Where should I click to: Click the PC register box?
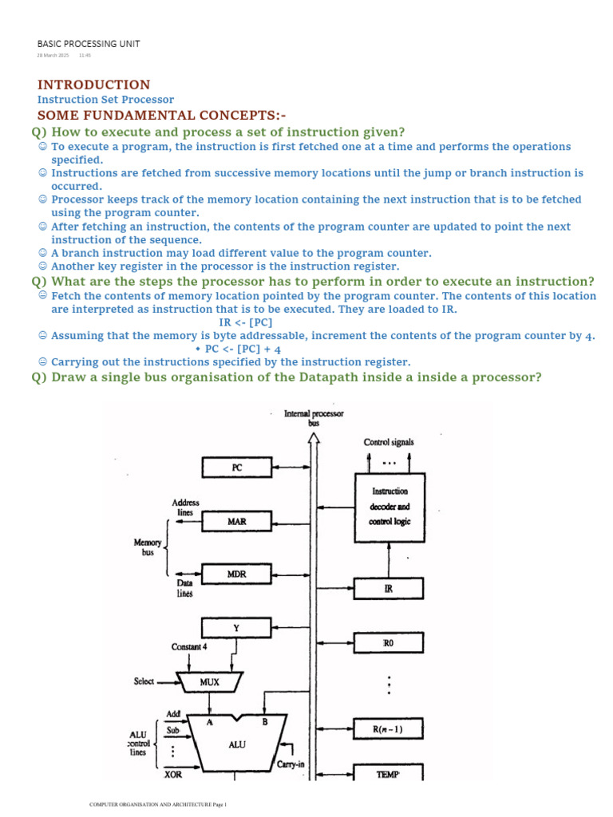coord(236,468)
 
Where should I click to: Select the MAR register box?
coord(236,522)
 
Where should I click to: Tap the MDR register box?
coord(236,574)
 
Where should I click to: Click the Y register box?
coord(236,628)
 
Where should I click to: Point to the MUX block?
coord(210,682)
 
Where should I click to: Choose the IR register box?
coord(388,590)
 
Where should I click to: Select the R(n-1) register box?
coord(388,728)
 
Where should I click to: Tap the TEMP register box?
coord(388,773)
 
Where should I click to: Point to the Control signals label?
coord(389,441)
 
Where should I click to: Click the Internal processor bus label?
coord(314,418)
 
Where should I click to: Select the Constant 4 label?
coord(189,646)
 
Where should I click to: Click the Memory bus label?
coord(147,547)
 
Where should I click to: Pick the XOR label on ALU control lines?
coord(173,774)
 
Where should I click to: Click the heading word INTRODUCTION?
coord(93,85)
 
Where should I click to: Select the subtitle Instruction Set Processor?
coord(105,100)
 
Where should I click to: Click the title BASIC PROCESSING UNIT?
coord(89,44)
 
